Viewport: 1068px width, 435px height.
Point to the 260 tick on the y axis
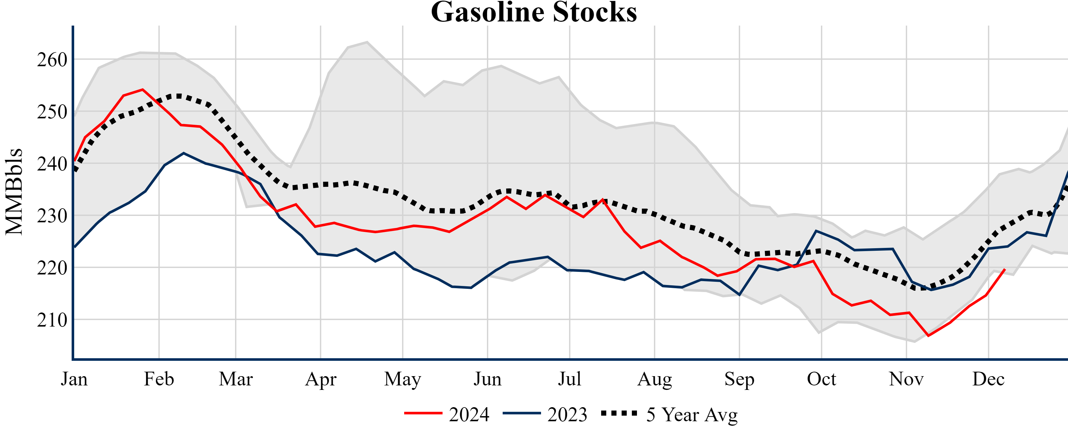[52, 60]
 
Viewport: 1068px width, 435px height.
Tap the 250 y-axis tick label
[52, 112]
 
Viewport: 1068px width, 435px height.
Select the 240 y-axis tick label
[52, 164]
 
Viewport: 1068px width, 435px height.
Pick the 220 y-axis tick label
[52, 268]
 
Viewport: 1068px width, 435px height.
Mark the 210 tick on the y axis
[52, 320]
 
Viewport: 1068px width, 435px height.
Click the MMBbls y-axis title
[14, 192]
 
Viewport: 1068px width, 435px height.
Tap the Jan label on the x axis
[74, 379]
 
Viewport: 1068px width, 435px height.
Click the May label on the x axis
[402, 379]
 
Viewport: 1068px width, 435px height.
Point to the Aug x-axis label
[654, 379]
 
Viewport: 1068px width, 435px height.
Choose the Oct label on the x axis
[821, 379]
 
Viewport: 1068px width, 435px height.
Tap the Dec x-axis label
[988, 379]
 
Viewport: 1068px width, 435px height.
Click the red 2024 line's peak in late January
[143, 89]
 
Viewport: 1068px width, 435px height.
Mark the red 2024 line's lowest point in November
[928, 336]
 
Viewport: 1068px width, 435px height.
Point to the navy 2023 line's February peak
[184, 153]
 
